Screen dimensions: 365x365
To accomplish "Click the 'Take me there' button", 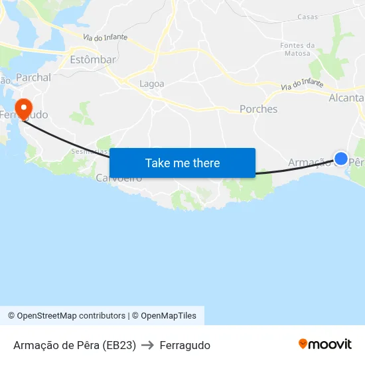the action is tap(183, 163).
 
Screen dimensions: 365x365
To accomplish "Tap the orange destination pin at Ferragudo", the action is tap(23, 108).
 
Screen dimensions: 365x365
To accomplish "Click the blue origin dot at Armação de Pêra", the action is tap(340, 159).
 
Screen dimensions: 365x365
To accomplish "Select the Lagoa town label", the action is tap(152, 84).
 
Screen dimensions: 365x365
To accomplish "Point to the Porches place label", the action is tap(258, 109).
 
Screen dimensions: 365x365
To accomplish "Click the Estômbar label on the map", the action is tap(92, 60).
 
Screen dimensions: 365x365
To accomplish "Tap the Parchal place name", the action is tap(33, 78).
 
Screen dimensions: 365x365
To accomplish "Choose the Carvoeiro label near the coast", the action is tap(119, 179).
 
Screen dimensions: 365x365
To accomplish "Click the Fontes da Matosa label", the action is tap(297, 49).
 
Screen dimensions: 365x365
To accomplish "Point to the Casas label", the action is tap(307, 17).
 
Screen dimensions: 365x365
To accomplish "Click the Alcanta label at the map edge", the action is tap(346, 98).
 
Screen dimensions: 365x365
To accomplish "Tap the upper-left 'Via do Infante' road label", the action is tap(105, 38).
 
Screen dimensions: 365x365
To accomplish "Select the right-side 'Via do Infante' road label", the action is tap(302, 85).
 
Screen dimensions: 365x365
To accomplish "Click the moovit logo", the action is tap(325, 344).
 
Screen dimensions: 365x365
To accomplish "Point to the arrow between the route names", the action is tap(147, 345).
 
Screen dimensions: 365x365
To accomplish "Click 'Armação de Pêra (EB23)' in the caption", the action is tap(74, 345).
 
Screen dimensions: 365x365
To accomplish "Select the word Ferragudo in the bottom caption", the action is tap(184, 345).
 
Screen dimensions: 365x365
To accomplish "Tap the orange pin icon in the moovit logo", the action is tap(303, 344).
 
